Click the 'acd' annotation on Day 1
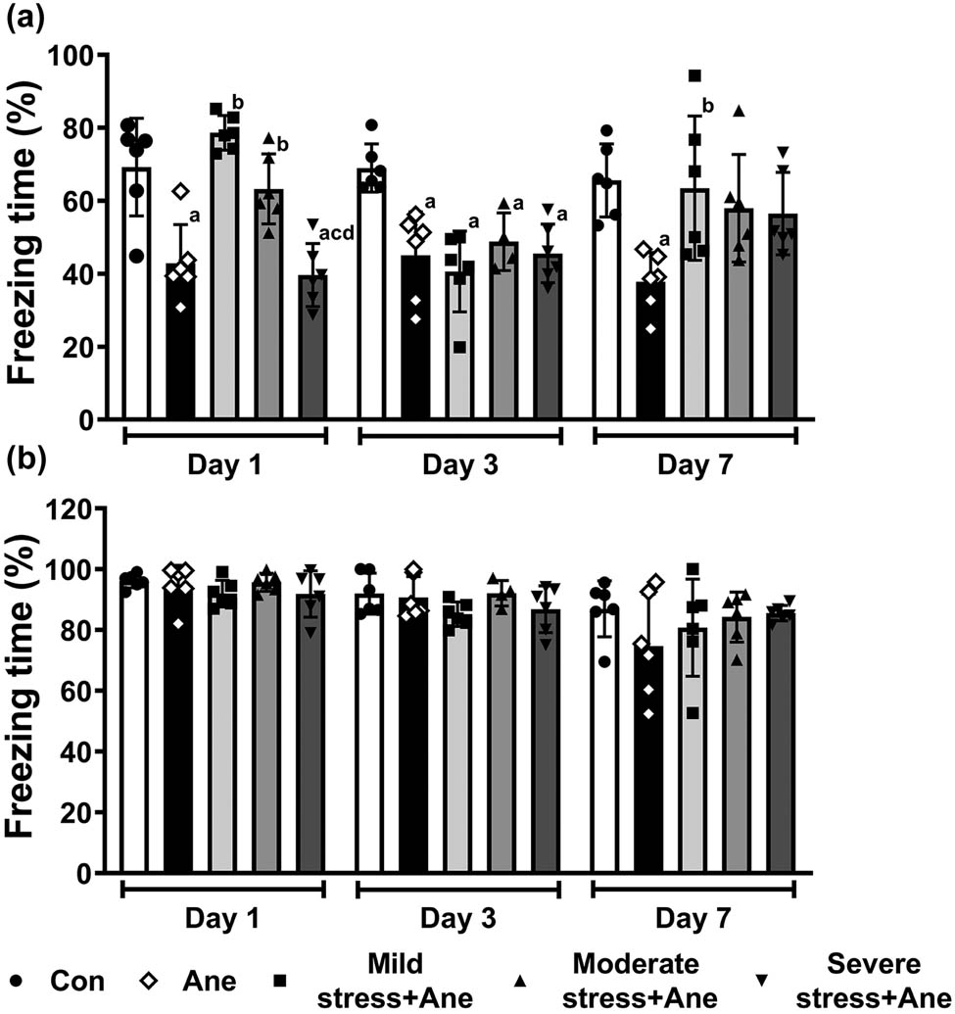tap(336, 232)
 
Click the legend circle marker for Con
tap(18, 979)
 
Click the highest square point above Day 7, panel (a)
tap(694, 75)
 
